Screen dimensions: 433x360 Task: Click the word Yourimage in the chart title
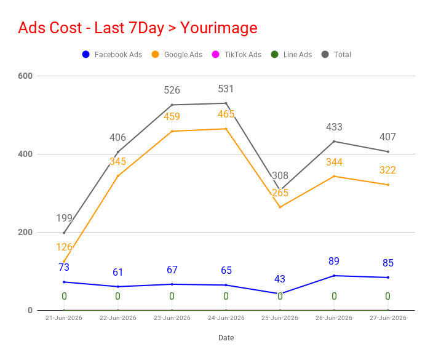pos(219,28)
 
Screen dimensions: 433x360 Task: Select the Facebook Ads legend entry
pos(112,54)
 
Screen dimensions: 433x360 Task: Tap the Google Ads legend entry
pos(177,54)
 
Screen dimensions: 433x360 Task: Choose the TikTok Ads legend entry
pos(237,54)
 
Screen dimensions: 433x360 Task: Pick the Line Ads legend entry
pos(292,54)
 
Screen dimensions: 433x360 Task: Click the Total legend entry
pos(336,54)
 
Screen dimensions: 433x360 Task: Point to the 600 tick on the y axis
pos(25,76)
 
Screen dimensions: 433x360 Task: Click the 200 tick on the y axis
pos(25,232)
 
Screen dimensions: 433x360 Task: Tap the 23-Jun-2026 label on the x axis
pos(172,318)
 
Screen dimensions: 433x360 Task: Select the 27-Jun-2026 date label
pos(388,318)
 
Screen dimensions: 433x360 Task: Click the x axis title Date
pos(226,338)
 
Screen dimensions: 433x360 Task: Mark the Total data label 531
pos(226,89)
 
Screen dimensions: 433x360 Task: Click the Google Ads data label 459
pos(172,116)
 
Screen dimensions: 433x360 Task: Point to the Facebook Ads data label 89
pos(334,261)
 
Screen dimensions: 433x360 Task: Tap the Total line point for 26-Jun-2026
pos(334,142)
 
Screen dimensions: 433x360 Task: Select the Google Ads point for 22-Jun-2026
pos(118,176)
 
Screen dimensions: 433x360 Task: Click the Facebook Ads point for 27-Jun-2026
pos(388,278)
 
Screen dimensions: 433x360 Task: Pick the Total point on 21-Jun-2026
pos(64,233)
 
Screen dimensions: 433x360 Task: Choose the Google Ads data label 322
pos(387,170)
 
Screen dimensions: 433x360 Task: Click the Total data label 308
pos(280,175)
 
